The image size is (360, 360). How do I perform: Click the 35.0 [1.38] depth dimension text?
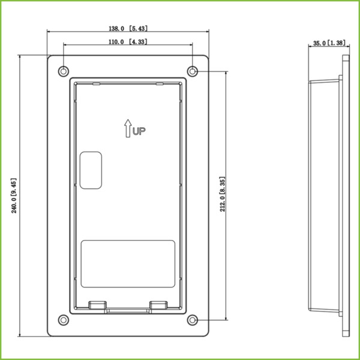[x=329, y=44]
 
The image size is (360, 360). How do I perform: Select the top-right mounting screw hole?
[x=192, y=71]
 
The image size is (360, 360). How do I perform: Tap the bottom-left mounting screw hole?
[x=64, y=319]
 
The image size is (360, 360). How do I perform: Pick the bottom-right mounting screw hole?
[x=192, y=319]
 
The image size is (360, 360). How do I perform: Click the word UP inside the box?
[x=139, y=130]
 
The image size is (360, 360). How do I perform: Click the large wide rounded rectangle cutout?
[x=128, y=263]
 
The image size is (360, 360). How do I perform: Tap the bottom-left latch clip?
[x=97, y=305]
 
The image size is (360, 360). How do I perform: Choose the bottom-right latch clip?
[x=158, y=305]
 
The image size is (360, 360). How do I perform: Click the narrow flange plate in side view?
[x=344, y=196]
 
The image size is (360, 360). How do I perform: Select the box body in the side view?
[x=324, y=196]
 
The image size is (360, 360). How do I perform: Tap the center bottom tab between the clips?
[x=128, y=311]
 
